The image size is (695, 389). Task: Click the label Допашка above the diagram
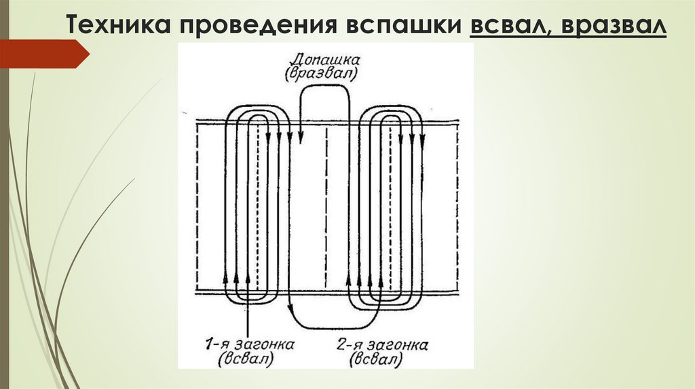tap(322, 58)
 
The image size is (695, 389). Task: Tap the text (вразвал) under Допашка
tap(322, 72)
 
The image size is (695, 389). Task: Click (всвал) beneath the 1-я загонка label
tap(246, 360)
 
